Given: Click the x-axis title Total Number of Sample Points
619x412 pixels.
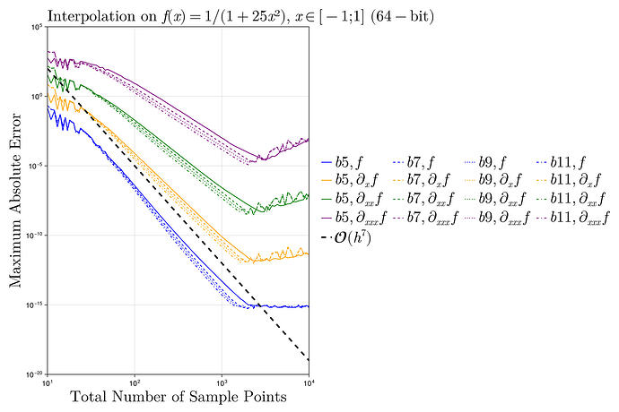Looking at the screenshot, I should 178,396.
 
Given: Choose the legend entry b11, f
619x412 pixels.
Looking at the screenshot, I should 570,163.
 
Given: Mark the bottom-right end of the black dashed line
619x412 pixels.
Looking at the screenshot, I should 309,360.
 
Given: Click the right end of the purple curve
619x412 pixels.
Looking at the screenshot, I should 309,139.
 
